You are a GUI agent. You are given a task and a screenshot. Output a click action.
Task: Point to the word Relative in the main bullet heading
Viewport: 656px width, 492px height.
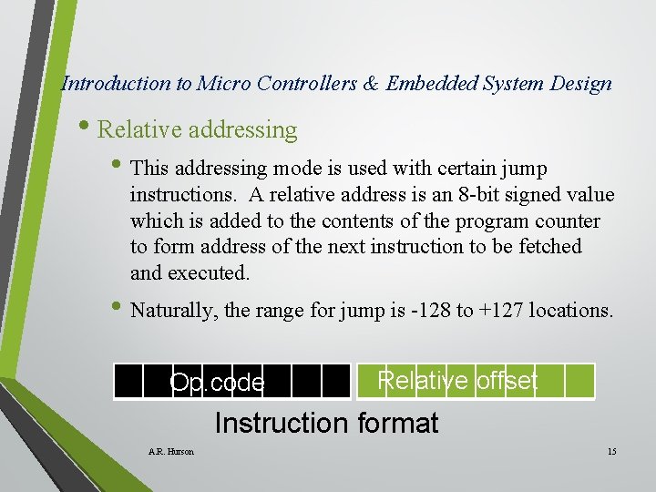(x=136, y=130)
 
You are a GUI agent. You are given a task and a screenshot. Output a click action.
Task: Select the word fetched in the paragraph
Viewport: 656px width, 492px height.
(x=548, y=247)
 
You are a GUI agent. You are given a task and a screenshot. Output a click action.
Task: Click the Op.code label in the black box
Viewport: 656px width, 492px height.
(x=218, y=383)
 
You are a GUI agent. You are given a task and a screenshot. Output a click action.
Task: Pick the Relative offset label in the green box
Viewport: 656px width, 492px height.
(x=457, y=380)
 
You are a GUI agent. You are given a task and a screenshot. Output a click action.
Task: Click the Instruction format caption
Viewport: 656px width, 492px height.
(x=326, y=423)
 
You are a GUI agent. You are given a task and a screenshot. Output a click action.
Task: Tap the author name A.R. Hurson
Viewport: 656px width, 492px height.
(x=170, y=452)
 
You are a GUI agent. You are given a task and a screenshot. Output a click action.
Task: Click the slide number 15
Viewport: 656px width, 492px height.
(x=611, y=452)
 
